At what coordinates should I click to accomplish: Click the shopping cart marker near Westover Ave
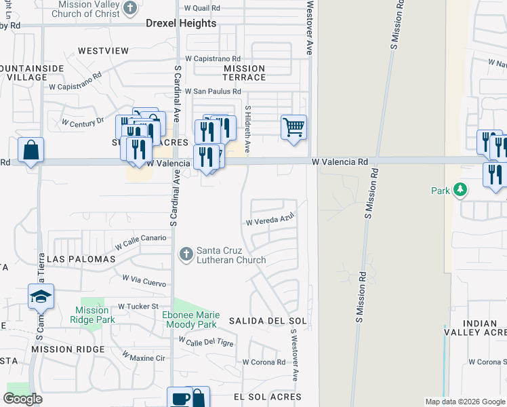click(x=293, y=127)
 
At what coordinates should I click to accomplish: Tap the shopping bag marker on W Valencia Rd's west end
click(x=31, y=150)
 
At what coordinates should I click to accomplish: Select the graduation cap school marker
click(x=41, y=296)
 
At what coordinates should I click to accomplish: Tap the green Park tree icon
click(x=461, y=189)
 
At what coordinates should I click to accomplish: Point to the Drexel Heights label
click(x=181, y=23)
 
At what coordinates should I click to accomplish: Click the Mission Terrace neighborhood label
click(x=244, y=73)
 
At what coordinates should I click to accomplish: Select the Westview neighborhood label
click(x=103, y=50)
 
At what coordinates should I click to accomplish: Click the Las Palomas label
click(x=77, y=259)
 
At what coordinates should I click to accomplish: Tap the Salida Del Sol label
click(x=268, y=320)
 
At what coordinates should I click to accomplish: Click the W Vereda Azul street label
click(x=270, y=222)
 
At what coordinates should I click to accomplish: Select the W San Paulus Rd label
click(x=213, y=92)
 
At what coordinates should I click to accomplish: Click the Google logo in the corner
click(x=22, y=399)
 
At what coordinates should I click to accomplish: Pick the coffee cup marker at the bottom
click(x=180, y=398)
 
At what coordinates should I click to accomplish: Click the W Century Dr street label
click(x=83, y=122)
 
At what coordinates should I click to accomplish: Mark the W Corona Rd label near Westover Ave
click(x=264, y=362)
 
